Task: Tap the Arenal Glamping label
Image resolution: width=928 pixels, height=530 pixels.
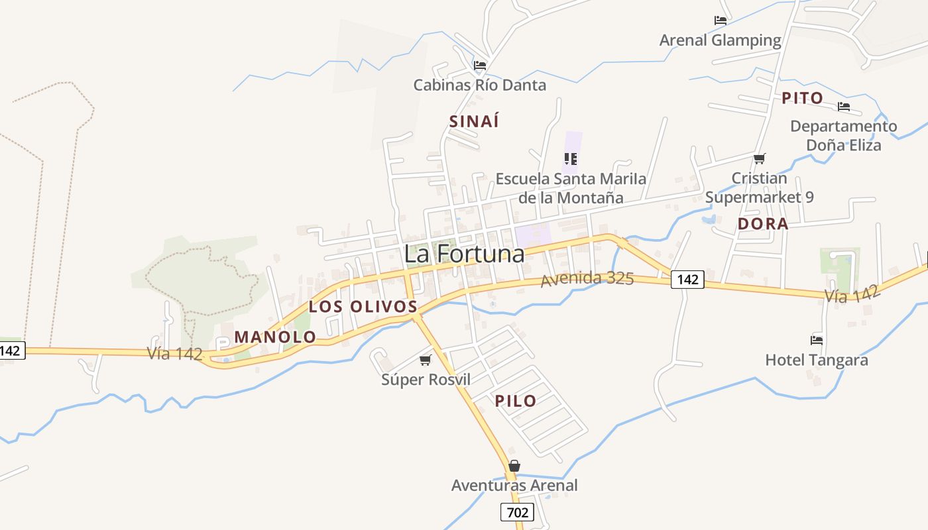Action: click(720, 40)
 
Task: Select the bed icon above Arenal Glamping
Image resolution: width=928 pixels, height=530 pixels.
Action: click(721, 21)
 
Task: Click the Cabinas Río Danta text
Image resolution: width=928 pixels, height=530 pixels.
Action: click(479, 85)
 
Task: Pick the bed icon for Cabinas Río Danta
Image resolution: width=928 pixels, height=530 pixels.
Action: click(480, 65)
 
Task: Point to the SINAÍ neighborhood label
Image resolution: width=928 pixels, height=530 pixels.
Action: click(474, 121)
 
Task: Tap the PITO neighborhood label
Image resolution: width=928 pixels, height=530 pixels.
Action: click(802, 99)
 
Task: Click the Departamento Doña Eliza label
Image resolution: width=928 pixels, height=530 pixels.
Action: click(843, 135)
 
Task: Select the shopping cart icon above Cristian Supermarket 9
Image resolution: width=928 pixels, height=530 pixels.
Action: click(760, 158)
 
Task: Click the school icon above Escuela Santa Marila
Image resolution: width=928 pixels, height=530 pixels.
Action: click(571, 159)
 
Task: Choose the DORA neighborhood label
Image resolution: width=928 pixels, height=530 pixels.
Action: click(763, 224)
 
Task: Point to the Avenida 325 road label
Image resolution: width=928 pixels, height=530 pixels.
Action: click(587, 279)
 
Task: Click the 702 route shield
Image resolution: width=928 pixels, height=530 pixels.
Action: click(517, 512)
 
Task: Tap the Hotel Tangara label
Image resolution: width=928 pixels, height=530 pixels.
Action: click(816, 360)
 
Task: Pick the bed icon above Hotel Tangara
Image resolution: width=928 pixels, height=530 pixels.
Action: click(817, 341)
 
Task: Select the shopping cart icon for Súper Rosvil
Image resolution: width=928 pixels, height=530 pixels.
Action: click(426, 360)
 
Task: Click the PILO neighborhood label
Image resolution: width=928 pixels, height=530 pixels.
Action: click(515, 401)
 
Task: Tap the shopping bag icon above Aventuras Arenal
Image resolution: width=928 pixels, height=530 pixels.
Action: click(514, 466)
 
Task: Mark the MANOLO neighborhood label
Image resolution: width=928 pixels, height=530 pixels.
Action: click(275, 337)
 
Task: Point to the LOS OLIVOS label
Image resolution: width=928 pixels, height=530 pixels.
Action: click(363, 307)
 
